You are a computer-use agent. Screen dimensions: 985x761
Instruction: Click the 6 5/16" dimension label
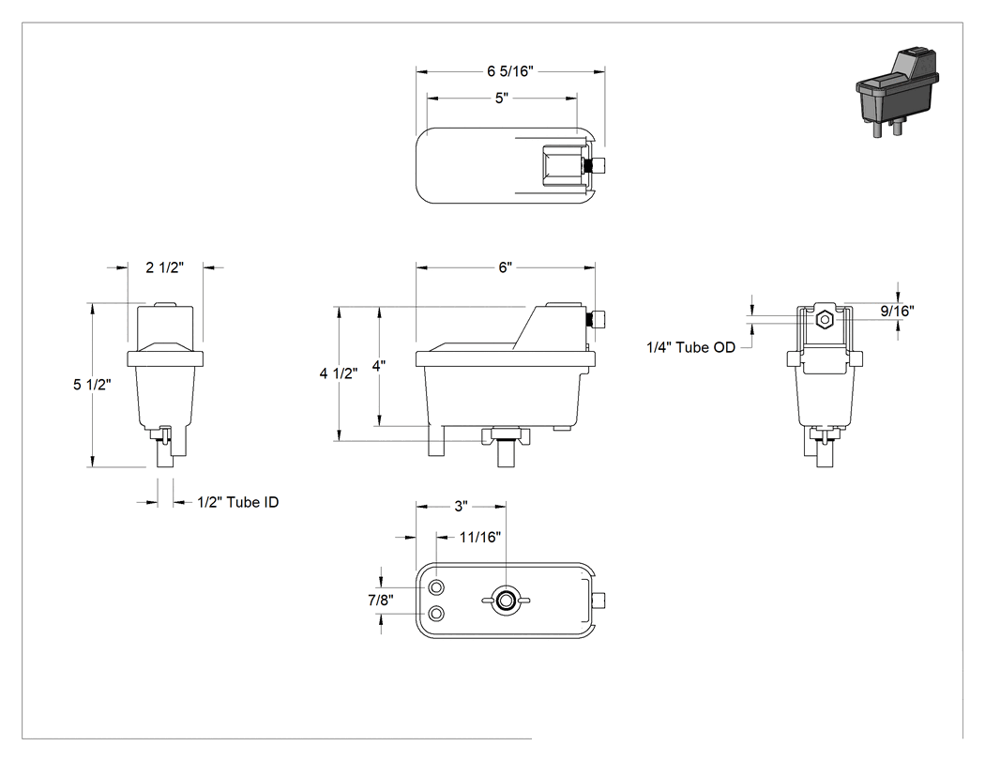click(509, 71)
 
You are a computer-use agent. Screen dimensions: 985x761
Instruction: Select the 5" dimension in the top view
click(501, 98)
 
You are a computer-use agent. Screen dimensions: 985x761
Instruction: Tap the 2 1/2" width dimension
click(164, 267)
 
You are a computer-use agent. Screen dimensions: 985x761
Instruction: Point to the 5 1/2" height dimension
click(92, 385)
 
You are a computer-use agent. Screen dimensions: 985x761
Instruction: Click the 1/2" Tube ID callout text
click(237, 502)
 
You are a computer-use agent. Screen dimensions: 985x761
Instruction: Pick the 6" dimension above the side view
click(505, 267)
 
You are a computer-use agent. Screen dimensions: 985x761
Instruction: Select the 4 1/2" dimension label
click(338, 373)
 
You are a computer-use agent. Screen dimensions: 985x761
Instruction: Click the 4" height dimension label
click(378, 366)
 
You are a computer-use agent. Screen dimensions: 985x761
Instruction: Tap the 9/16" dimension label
click(897, 311)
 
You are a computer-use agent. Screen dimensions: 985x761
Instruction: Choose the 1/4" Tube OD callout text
click(690, 347)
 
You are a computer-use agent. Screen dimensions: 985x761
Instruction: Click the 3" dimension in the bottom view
click(462, 506)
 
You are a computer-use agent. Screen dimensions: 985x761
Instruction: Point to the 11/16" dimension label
click(480, 538)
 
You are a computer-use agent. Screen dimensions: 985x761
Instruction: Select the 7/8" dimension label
click(381, 601)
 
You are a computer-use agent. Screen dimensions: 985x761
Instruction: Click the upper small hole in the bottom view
click(436, 587)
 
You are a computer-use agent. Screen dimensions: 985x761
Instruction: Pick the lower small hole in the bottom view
click(436, 614)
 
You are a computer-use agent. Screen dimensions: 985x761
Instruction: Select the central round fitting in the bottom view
click(505, 601)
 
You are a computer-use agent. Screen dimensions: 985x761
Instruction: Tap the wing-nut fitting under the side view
click(506, 435)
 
